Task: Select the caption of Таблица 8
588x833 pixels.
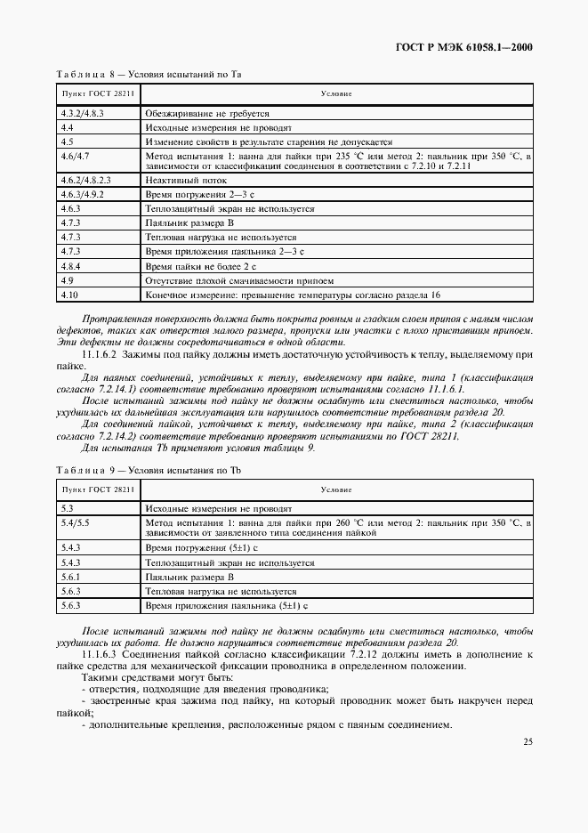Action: [149, 76]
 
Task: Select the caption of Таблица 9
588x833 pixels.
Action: [149, 469]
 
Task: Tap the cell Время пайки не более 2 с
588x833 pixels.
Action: [200, 266]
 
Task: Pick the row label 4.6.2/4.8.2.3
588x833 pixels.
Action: [85, 180]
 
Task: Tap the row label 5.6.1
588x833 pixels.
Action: [70, 577]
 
